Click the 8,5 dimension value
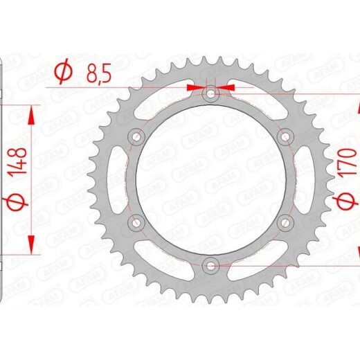coord(99,74)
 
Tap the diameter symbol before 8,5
coord(63,71)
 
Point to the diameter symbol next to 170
coord(347,201)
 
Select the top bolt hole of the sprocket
coord(210,93)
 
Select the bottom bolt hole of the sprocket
coord(210,266)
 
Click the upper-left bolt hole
coord(136,137)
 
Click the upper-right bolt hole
coord(285,137)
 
